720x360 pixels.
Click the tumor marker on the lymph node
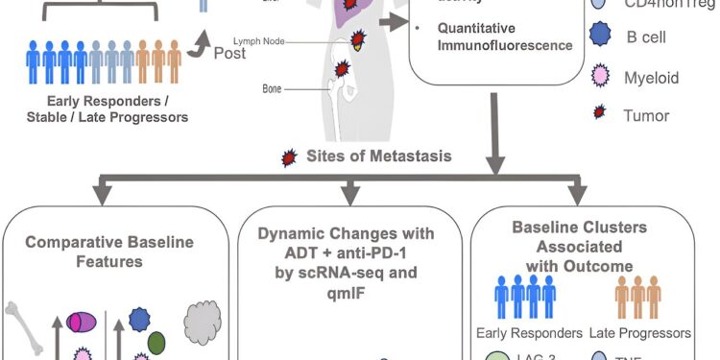(x=358, y=40)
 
